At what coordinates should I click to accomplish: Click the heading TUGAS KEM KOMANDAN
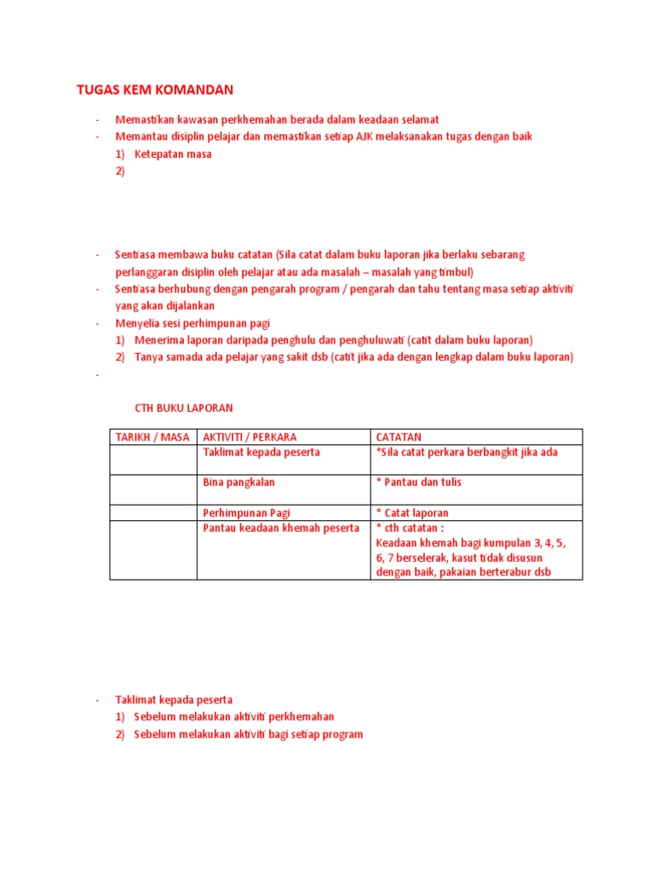point(154,90)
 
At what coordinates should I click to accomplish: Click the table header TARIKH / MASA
point(152,437)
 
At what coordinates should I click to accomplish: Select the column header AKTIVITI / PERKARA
point(250,437)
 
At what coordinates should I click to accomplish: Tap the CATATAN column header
point(399,437)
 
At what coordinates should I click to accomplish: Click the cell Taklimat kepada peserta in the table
point(261,453)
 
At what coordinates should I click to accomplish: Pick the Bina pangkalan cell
point(238,483)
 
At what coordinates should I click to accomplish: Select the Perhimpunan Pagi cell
point(245,513)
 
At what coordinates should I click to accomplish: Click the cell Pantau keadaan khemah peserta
point(281,529)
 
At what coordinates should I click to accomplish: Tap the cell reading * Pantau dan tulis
point(419,483)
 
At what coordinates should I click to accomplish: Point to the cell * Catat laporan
point(412,513)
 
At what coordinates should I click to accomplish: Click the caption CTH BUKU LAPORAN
point(184,408)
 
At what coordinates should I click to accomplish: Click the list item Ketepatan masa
point(173,154)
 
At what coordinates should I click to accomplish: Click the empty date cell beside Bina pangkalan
point(153,489)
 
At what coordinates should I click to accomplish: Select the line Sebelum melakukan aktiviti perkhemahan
point(234,717)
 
